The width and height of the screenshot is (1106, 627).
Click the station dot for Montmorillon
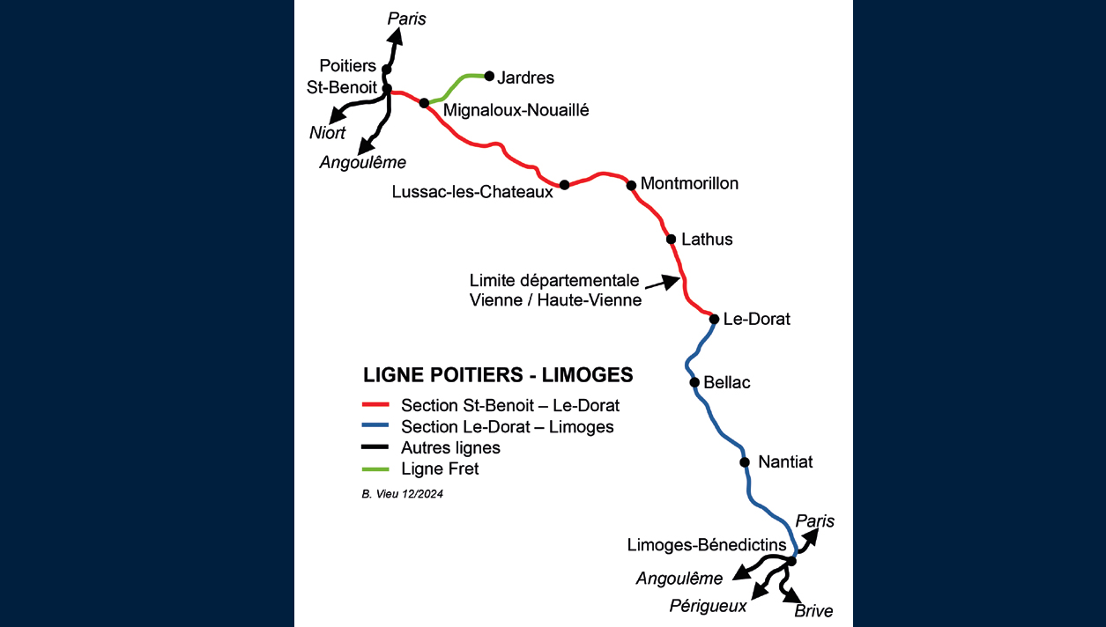[x=631, y=185]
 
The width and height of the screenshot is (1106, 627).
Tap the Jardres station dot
[x=489, y=76]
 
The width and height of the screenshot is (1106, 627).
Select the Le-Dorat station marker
[x=715, y=319]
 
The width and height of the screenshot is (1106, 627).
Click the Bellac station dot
[x=694, y=382]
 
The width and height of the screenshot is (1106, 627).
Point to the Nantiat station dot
[x=745, y=462]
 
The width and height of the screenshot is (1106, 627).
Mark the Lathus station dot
[x=671, y=239]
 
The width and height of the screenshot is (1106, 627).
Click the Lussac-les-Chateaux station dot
[x=565, y=185]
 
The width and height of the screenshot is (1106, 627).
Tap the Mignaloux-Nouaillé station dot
[x=424, y=103]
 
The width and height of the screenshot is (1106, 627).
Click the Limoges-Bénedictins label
[x=707, y=545]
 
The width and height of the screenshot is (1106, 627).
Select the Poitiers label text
[x=347, y=66]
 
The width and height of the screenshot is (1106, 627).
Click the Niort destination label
[x=328, y=133]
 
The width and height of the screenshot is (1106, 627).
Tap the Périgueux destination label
[x=708, y=606]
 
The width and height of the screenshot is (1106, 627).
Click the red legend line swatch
[x=376, y=406]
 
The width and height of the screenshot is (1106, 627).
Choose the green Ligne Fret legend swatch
[x=376, y=469]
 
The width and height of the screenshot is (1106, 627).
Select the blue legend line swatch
[x=376, y=427]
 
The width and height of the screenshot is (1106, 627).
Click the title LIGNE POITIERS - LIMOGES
[x=498, y=375]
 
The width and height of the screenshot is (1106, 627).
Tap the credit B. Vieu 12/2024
[x=402, y=495]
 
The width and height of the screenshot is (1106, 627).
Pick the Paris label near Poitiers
[x=406, y=18]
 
